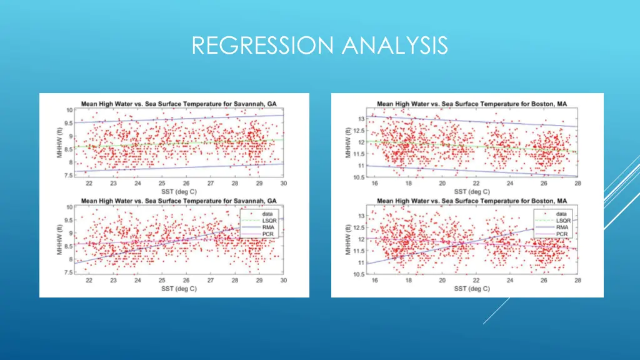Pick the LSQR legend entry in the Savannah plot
(267, 220)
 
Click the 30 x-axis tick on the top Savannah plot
(283, 183)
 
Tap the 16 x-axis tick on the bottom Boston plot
(374, 281)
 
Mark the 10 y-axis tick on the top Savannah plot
(70, 110)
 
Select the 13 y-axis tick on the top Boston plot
(361, 119)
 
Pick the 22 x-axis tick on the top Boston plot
(476, 183)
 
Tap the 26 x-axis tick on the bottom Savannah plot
(186, 281)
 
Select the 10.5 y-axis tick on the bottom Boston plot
(359, 274)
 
